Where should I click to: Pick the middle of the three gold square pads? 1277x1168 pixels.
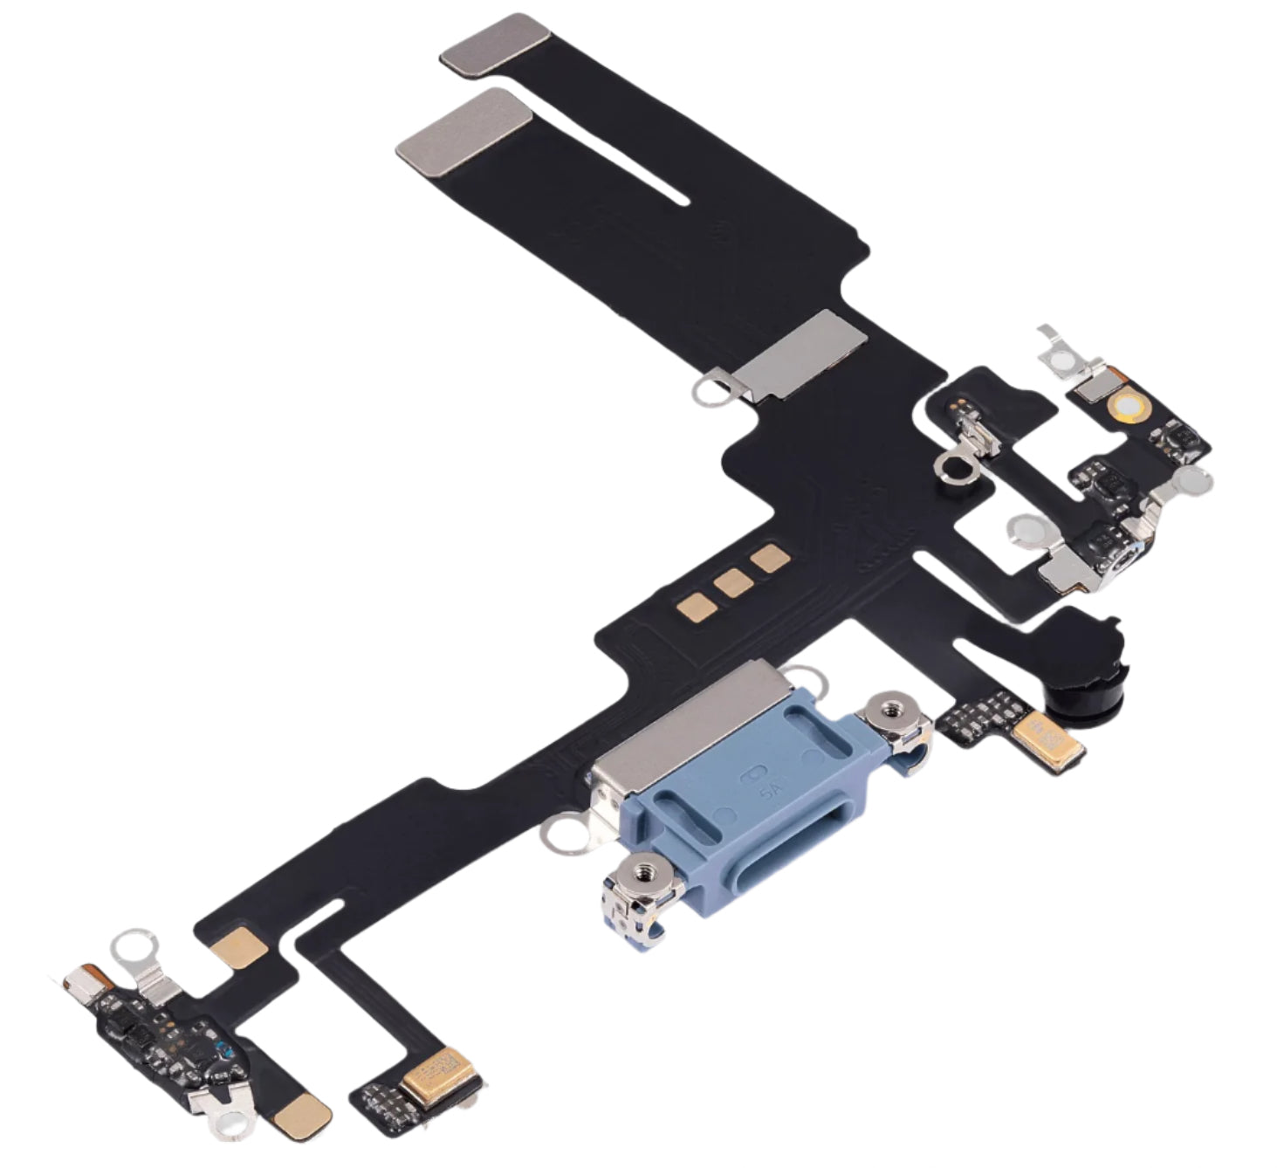tap(733, 582)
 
